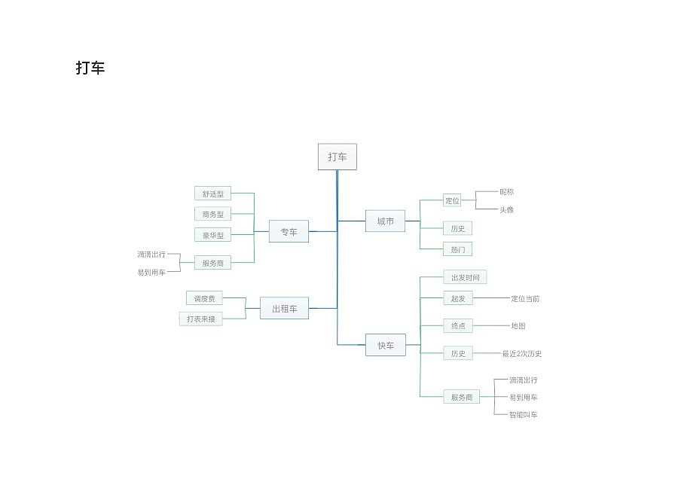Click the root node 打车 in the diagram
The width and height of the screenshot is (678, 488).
[337, 157]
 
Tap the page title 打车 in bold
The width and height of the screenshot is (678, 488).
[90, 68]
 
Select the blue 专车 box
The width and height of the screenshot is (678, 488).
[289, 231]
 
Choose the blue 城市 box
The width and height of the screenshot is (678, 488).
[385, 221]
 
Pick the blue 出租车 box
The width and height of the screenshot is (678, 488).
[285, 308]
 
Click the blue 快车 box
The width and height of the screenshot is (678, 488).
[386, 345]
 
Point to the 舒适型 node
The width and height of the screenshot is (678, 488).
[212, 194]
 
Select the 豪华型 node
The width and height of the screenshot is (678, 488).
[212, 235]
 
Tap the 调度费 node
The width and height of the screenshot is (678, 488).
[204, 297]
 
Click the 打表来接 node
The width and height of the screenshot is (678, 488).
[200, 319]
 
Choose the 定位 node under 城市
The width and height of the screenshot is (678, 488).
[452, 200]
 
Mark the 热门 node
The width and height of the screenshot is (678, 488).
[457, 249]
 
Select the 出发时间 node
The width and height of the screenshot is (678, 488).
[466, 277]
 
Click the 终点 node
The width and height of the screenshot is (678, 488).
[458, 325]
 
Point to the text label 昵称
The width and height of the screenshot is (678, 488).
[507, 191]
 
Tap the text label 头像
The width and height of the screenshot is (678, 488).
[507, 209]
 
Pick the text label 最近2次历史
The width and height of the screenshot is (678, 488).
[522, 353]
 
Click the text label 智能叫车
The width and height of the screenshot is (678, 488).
[524, 414]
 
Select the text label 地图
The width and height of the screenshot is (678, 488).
[518, 325]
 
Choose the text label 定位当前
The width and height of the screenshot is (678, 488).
[525, 298]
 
